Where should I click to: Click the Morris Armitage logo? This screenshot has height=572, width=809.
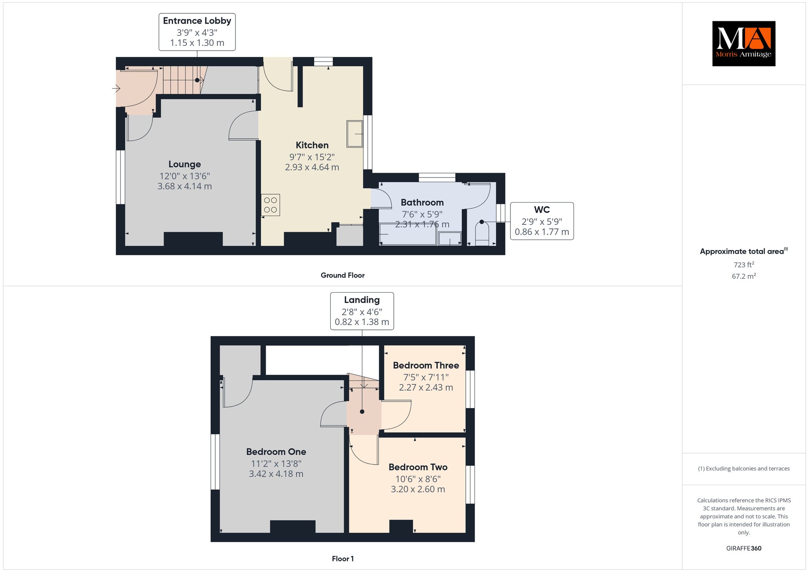pos(743,43)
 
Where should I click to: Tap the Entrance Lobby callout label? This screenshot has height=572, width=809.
pos(197,32)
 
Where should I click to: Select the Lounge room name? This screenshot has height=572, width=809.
pos(184,164)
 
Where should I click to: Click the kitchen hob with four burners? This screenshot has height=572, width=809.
pos(271,205)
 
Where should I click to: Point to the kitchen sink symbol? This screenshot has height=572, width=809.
pos(355,134)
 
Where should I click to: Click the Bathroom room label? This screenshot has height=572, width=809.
pos(422,202)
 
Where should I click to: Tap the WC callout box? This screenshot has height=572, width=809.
pos(542,221)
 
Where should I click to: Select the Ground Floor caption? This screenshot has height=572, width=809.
pos(342,275)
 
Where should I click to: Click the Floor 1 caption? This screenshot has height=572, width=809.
pos(343,559)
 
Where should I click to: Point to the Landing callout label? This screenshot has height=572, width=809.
pos(362,311)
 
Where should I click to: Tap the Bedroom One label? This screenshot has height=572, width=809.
pos(276,452)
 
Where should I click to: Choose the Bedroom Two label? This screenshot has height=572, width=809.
pos(418,467)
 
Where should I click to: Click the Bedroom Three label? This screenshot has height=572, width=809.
pos(426,365)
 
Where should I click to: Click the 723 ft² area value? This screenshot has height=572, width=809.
pos(744,264)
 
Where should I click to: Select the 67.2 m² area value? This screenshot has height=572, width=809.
pos(744,276)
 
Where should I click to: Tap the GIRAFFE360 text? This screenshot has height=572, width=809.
pos(744,548)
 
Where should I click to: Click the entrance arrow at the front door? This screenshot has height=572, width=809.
pos(116,88)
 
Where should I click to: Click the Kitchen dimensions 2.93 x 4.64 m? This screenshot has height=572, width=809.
pos(312,167)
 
